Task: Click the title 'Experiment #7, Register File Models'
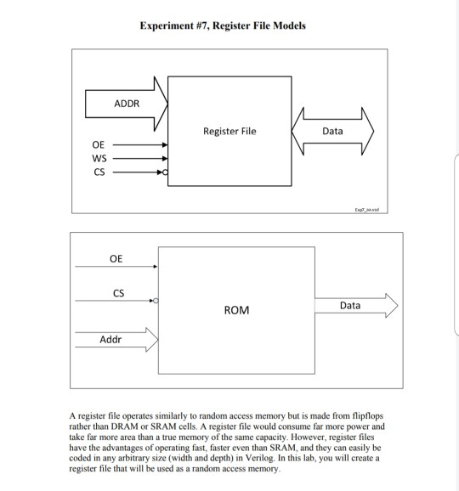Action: [x=223, y=25]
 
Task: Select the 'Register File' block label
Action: [x=229, y=132]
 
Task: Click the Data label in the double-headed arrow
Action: [x=333, y=132]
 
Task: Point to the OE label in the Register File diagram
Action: [x=99, y=145]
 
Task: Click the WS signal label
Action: [x=99, y=158]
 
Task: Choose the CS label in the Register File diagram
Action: [x=99, y=172]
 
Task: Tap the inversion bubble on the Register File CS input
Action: [x=167, y=172]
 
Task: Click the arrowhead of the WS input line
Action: [x=165, y=158]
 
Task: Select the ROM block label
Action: [x=236, y=311]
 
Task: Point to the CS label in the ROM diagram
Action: [x=118, y=293]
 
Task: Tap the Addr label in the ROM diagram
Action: [x=110, y=340]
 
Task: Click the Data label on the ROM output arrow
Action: [x=349, y=304]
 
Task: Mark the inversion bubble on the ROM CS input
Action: [x=156, y=301]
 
